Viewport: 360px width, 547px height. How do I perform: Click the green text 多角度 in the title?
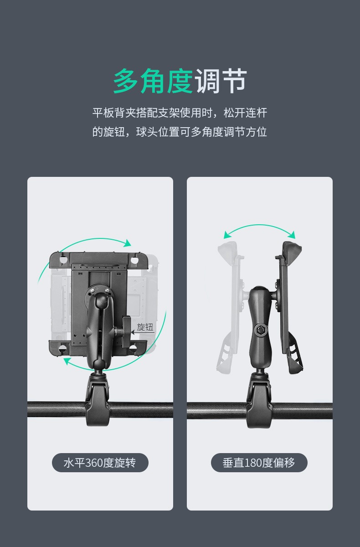(x=153, y=81)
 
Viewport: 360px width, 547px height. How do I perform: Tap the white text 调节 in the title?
(x=221, y=81)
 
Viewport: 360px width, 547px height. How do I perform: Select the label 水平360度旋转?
(x=100, y=463)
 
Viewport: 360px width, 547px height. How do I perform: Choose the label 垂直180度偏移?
(x=259, y=463)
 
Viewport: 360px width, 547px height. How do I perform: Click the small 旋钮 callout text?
(x=145, y=327)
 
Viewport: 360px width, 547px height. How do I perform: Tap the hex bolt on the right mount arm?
(x=261, y=330)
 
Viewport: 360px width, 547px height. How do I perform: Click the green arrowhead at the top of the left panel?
(x=127, y=243)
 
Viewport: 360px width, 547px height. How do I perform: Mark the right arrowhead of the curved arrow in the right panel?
(x=291, y=235)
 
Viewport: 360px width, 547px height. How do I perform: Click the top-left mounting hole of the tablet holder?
(x=63, y=259)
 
